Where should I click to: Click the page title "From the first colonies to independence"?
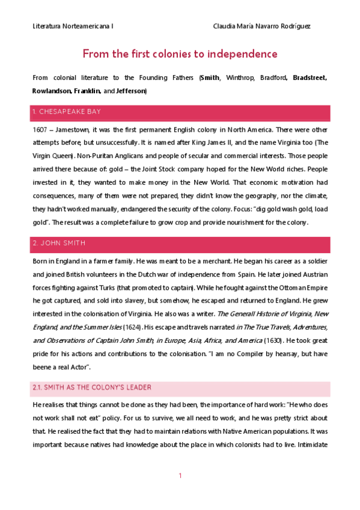(180, 54)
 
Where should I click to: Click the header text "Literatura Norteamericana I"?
(73, 27)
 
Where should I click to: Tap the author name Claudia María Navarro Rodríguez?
(262, 27)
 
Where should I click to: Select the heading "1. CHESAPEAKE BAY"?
(67, 112)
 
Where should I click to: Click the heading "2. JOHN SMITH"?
(59, 243)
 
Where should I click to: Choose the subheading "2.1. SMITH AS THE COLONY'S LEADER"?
(92, 387)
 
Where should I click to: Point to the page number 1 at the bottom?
(180, 476)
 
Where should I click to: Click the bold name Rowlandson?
(52, 91)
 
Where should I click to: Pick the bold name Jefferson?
(129, 91)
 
